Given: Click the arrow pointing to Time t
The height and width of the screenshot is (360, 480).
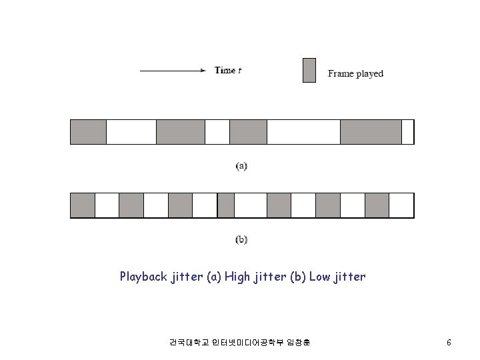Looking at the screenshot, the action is pyautogui.click(x=172, y=70).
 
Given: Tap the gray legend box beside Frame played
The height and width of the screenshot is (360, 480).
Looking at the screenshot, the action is pyautogui.click(x=309, y=71).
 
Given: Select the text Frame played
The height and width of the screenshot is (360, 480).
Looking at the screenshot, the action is pyautogui.click(x=355, y=73).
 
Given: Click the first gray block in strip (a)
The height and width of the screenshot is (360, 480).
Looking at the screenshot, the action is pyautogui.click(x=88, y=131).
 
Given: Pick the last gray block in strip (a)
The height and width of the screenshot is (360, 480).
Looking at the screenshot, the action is pyautogui.click(x=371, y=131).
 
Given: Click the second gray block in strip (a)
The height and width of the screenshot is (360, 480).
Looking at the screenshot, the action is pyautogui.click(x=180, y=131).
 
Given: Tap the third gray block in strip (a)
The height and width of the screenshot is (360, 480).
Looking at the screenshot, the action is pyautogui.click(x=248, y=131).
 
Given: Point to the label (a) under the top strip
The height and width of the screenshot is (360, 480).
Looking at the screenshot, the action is pyautogui.click(x=241, y=165).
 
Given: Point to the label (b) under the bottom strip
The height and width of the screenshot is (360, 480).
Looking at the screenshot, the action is pyautogui.click(x=241, y=239).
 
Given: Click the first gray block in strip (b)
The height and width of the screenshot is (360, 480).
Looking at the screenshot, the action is pyautogui.click(x=83, y=205).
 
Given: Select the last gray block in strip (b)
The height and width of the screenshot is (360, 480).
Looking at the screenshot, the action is pyautogui.click(x=377, y=205).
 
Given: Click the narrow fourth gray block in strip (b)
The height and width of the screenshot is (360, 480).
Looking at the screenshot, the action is pyautogui.click(x=226, y=205).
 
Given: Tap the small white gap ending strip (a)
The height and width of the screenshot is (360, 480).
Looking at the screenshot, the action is pyautogui.click(x=407, y=131).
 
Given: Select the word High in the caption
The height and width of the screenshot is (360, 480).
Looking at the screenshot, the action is pyautogui.click(x=238, y=276).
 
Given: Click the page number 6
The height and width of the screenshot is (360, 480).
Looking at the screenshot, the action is pyautogui.click(x=449, y=343).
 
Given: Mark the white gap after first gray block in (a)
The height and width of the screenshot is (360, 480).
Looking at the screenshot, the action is pyautogui.click(x=131, y=131).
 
